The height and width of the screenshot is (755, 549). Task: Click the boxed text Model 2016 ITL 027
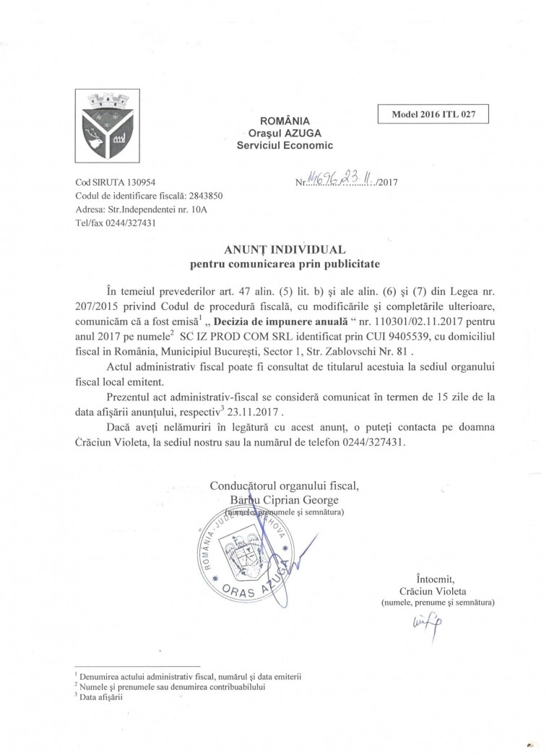pos(433,115)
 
